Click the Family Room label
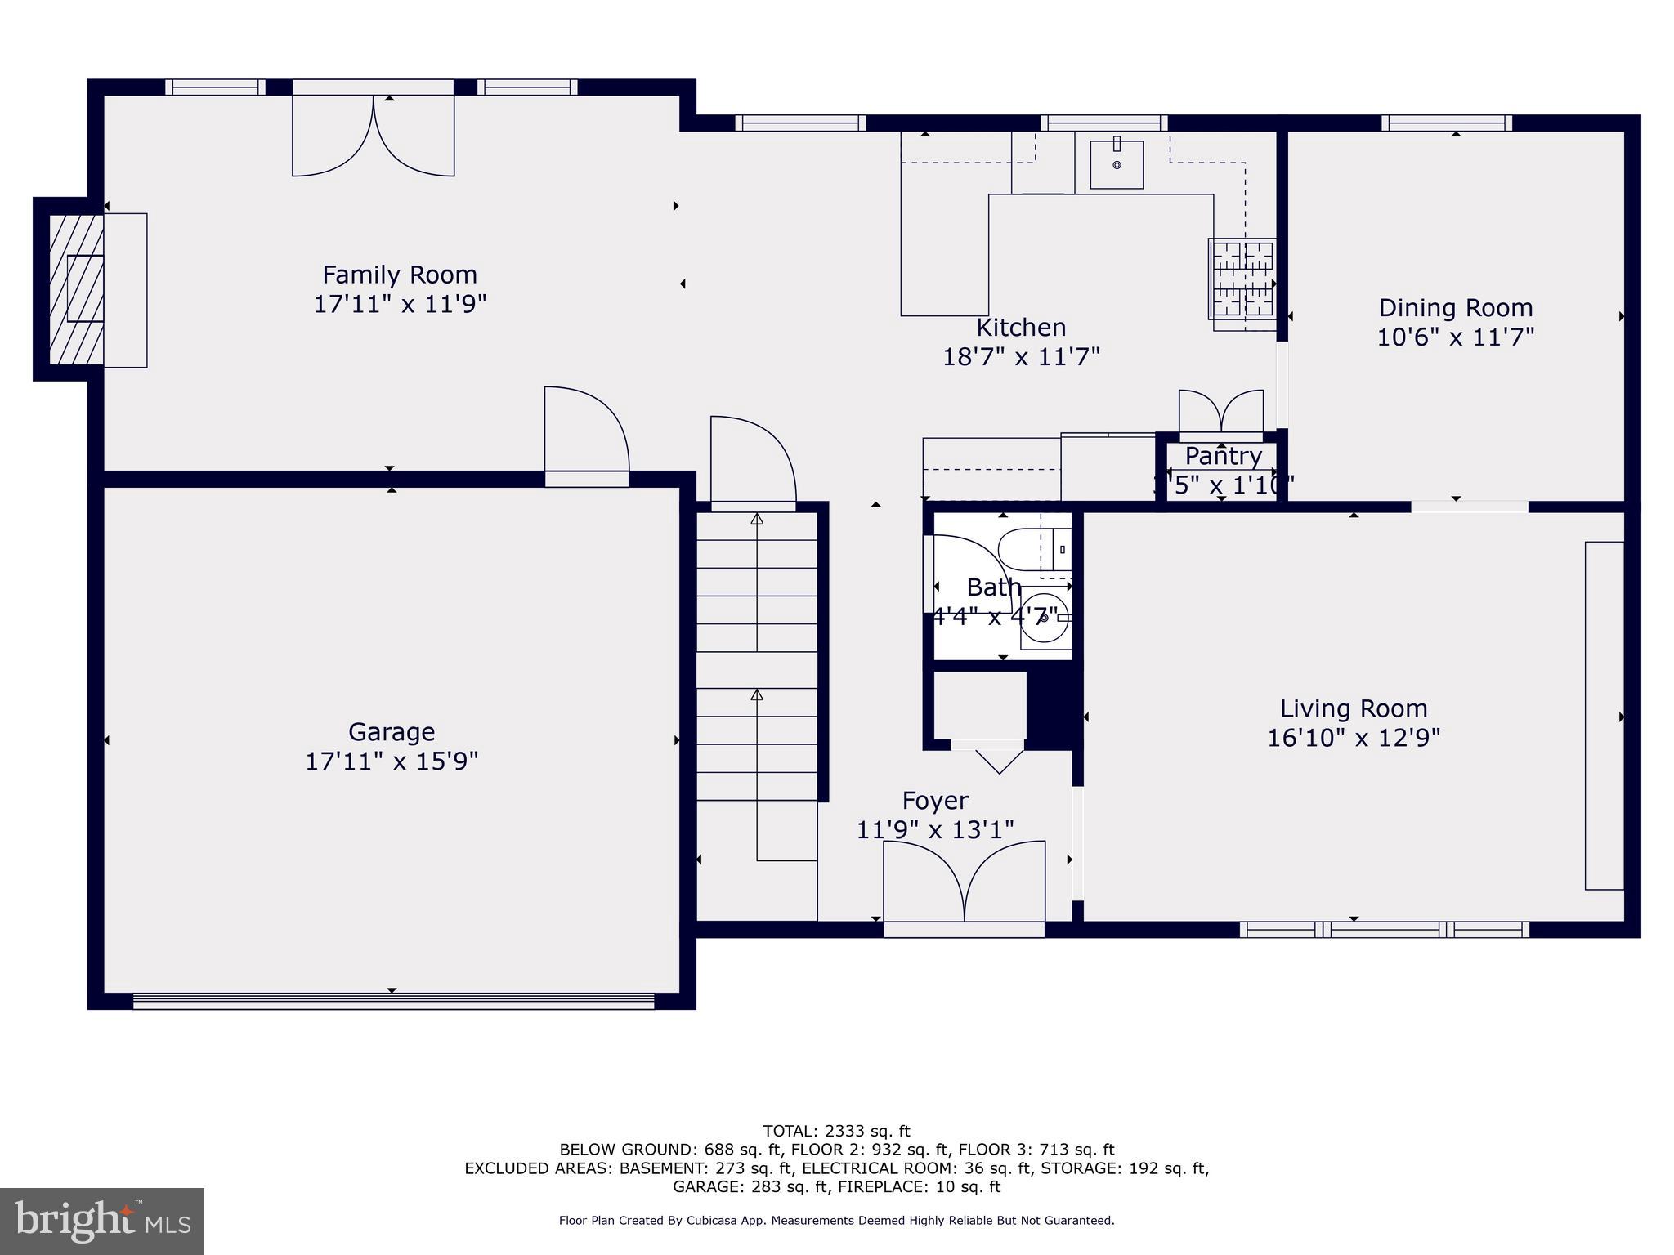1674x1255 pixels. click(399, 275)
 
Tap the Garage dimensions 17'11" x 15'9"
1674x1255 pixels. click(392, 761)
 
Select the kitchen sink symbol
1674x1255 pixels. click(1117, 164)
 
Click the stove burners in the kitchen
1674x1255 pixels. click(1242, 279)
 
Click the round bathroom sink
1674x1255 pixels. click(1044, 619)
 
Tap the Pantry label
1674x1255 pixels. click(1223, 456)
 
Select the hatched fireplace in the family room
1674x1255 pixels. click(76, 288)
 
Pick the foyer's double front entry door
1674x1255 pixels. click(964, 886)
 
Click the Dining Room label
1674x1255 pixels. click(1455, 308)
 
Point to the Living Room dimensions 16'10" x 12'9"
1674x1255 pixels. click(1354, 738)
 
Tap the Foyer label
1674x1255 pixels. click(935, 800)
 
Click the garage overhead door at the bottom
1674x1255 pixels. click(393, 1001)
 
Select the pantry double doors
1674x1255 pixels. click(1221, 413)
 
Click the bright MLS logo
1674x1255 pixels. click(102, 1221)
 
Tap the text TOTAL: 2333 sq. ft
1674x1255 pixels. click(836, 1131)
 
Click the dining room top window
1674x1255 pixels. click(1447, 123)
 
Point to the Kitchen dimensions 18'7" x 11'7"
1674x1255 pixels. click(1021, 357)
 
